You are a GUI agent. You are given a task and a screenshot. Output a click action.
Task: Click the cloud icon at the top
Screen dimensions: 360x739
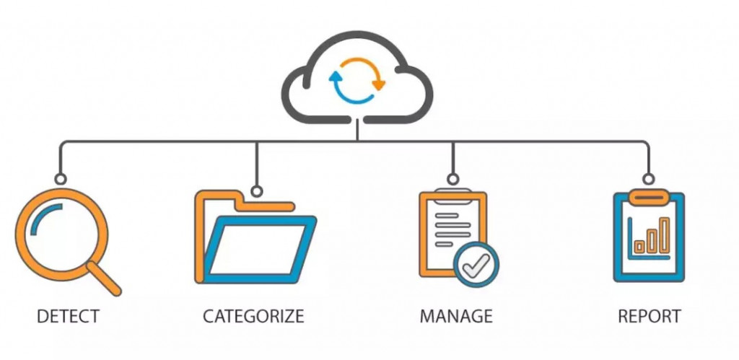click(357, 76)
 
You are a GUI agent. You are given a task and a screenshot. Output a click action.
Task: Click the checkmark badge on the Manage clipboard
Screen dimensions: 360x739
click(476, 265)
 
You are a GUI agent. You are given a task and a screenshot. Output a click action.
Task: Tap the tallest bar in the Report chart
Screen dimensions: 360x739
click(664, 234)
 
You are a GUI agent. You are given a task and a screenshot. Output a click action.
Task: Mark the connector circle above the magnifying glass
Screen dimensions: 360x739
click(61, 178)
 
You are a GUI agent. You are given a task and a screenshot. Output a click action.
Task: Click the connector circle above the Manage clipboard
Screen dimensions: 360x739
click(452, 178)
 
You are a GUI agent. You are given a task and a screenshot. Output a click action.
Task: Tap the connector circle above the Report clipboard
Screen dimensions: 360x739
click(648, 178)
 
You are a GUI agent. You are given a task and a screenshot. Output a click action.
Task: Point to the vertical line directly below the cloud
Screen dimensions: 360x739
click(357, 130)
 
